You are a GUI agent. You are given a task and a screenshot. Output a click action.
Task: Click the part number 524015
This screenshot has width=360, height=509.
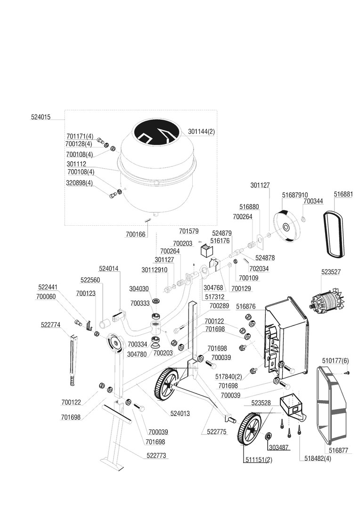(42, 117)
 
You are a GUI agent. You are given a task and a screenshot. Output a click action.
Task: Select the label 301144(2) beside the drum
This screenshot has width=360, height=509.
(201, 131)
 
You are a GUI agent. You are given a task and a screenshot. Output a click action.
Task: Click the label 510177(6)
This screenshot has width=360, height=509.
(335, 361)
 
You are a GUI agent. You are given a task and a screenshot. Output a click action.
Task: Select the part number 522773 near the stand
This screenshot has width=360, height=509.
(156, 456)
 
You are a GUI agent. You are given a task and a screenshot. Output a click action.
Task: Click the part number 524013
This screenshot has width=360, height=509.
(180, 413)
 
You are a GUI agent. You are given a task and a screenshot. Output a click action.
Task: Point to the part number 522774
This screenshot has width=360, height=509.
(50, 324)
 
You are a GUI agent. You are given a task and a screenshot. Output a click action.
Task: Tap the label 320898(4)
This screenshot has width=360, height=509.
(80, 183)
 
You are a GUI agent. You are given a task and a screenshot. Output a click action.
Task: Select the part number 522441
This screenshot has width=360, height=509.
(48, 287)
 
